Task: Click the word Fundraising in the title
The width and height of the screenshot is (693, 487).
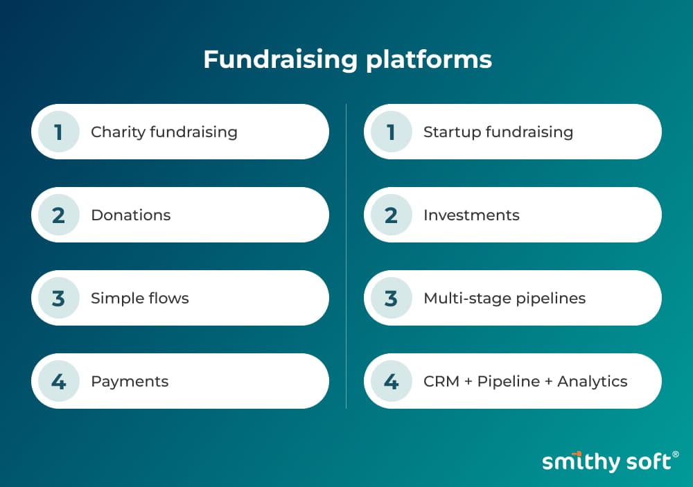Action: pyautogui.click(x=280, y=60)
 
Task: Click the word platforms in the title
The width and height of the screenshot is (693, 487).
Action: pyautogui.click(x=429, y=60)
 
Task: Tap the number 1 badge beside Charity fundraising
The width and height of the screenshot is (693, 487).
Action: pyautogui.click(x=59, y=132)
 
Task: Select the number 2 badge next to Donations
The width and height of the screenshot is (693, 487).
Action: pyautogui.click(x=59, y=215)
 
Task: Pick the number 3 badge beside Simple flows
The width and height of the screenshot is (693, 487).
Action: pyautogui.click(x=59, y=298)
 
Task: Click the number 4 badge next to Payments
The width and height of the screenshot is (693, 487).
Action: pyautogui.click(x=59, y=381)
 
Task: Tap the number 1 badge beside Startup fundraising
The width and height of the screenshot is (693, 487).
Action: pyautogui.click(x=391, y=132)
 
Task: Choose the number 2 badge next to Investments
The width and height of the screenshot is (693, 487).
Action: pyautogui.click(x=391, y=215)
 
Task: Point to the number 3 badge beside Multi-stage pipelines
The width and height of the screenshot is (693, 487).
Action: pyautogui.click(x=391, y=298)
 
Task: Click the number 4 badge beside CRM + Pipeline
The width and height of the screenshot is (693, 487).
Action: pyautogui.click(x=391, y=381)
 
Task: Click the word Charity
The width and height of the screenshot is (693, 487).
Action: pyautogui.click(x=118, y=132)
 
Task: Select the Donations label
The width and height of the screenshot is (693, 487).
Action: pyautogui.click(x=131, y=215)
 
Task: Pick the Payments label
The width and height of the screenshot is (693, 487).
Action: pyautogui.click(x=130, y=382)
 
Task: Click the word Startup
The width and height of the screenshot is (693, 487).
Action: pyautogui.click(x=452, y=132)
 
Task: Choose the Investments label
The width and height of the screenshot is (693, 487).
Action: pyautogui.click(x=471, y=215)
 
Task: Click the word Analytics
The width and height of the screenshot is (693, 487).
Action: pyautogui.click(x=593, y=382)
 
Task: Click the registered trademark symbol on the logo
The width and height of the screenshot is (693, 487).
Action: pyautogui.click(x=675, y=454)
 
